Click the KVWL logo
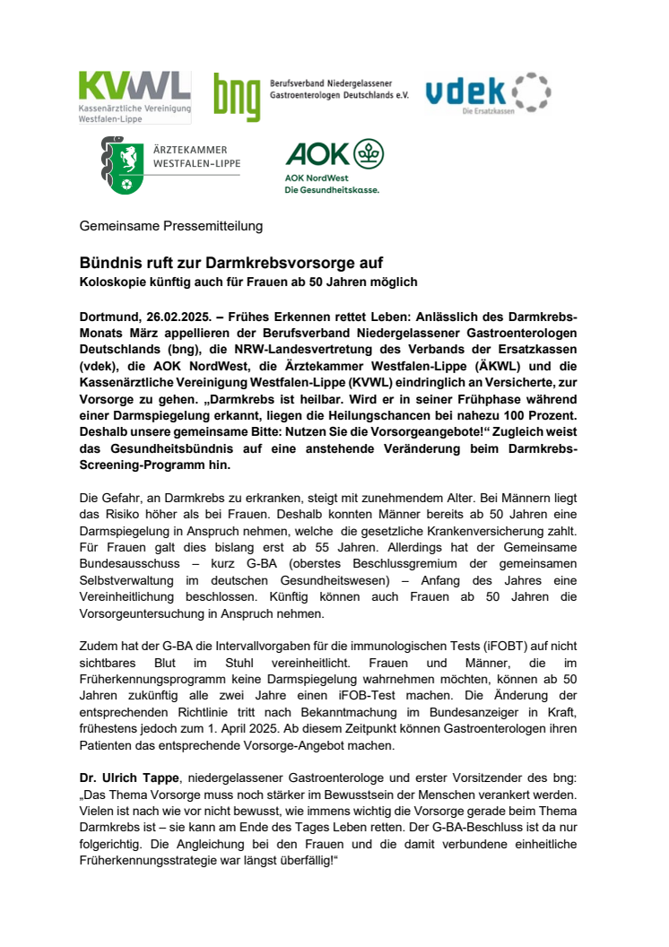(x=135, y=97)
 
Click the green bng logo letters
(x=236, y=97)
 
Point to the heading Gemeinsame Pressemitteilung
(x=170, y=226)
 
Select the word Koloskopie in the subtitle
(x=111, y=282)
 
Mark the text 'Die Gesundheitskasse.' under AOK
(x=332, y=190)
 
